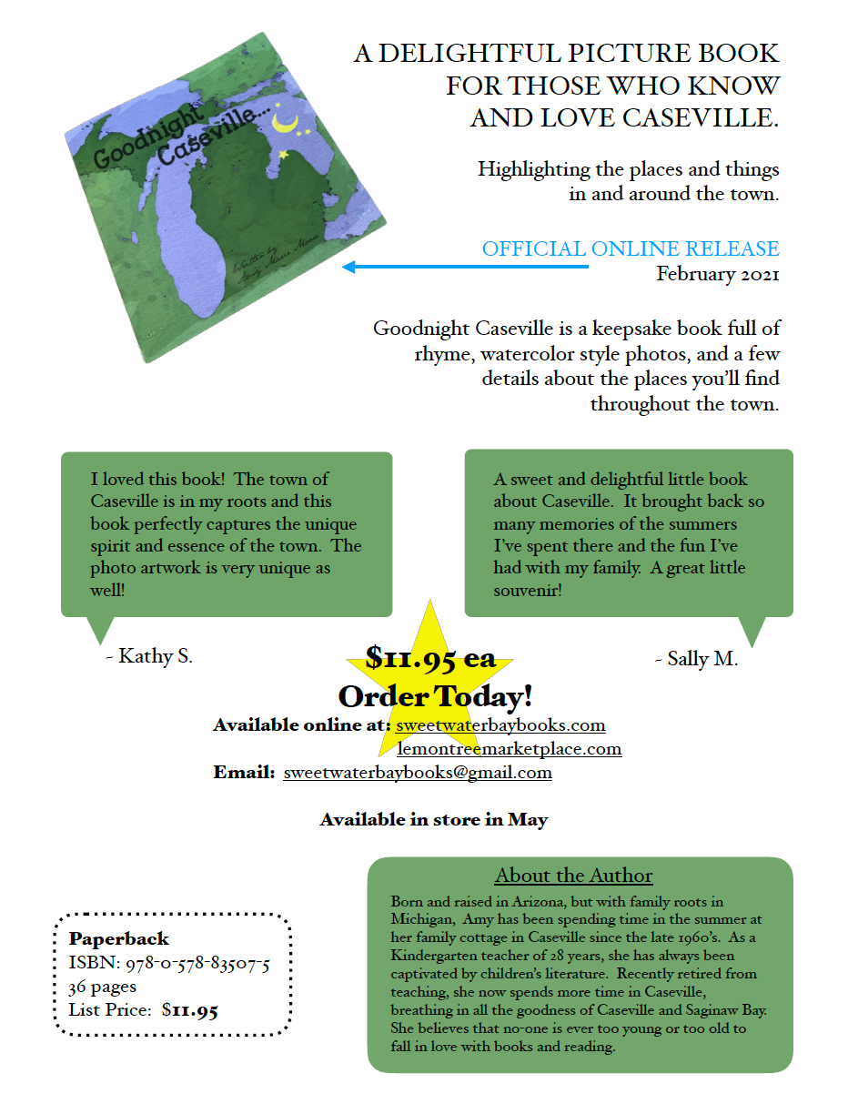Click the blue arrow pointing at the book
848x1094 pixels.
[x=464, y=267]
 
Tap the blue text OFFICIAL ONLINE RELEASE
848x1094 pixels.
[x=631, y=248]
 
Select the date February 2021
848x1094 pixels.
[x=717, y=274]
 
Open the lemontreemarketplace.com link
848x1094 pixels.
[x=510, y=749]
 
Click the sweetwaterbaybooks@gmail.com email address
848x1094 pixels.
[x=418, y=773]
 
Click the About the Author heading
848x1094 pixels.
[x=573, y=876]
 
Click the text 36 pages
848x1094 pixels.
[x=102, y=987]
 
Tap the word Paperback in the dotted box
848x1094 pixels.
[x=118, y=939]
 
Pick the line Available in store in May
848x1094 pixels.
[x=433, y=820]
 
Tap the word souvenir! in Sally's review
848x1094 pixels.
[x=528, y=591]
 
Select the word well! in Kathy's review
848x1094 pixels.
[x=107, y=591]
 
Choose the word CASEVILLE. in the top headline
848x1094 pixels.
[x=692, y=117]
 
